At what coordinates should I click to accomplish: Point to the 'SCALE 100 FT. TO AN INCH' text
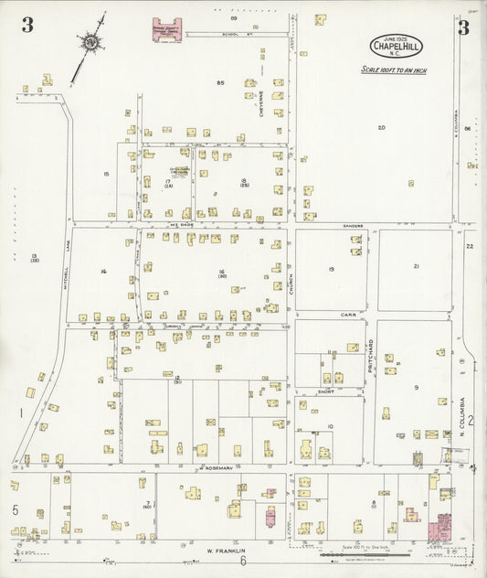click(x=394, y=70)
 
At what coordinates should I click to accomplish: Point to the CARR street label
click(x=348, y=314)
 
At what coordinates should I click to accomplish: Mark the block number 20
click(x=381, y=127)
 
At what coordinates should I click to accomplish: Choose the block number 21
click(x=416, y=266)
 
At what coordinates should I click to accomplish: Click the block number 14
click(x=104, y=271)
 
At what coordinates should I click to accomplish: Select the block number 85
click(x=220, y=83)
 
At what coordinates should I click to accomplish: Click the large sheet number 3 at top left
click(x=27, y=26)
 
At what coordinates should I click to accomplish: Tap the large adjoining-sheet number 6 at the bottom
click(x=243, y=561)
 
